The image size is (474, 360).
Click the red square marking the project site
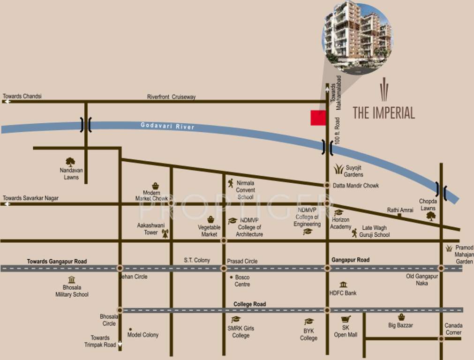click(318, 118)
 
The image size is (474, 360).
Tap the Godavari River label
click(167, 126)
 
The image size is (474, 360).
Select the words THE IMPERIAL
click(384, 112)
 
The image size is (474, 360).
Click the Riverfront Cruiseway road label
click(171, 97)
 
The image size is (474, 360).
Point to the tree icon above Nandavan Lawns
click(70, 162)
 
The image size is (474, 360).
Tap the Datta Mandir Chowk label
click(355, 186)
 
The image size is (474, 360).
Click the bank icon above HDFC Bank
click(343, 285)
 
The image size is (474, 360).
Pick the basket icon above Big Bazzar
click(401, 317)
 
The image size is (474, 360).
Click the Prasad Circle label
click(242, 261)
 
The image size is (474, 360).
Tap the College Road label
click(249, 304)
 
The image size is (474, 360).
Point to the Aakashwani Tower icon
click(165, 233)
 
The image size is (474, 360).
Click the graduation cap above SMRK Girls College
click(236, 319)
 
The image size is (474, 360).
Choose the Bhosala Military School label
click(72, 291)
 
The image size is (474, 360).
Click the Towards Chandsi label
click(23, 96)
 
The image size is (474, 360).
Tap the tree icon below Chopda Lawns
click(431, 216)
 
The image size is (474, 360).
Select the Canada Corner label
click(453, 329)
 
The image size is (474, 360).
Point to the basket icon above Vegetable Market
click(211, 219)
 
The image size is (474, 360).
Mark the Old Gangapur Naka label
click(422, 279)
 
